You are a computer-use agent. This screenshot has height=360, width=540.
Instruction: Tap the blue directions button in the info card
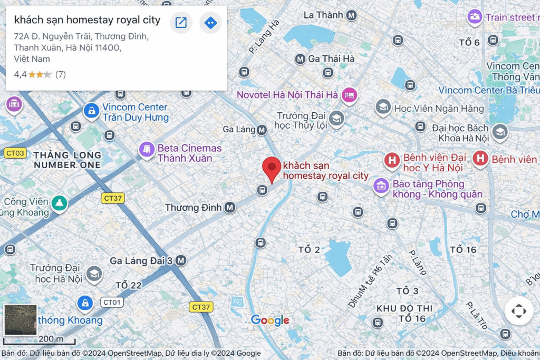click(210, 23)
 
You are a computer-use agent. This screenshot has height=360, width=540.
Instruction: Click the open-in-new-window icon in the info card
click(181, 23)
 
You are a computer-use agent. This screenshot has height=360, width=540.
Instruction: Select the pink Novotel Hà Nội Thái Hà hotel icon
click(349, 95)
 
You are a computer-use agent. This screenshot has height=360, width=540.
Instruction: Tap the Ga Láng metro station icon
click(262, 130)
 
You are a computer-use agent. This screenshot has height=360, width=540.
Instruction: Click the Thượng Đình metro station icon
click(229, 208)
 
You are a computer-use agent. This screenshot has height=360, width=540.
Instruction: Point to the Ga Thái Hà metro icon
click(300, 59)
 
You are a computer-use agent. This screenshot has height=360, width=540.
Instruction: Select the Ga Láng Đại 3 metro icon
click(181, 260)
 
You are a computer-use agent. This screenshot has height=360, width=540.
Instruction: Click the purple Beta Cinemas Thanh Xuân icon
click(146, 149)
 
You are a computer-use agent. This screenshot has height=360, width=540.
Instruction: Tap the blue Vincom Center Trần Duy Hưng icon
click(92, 111)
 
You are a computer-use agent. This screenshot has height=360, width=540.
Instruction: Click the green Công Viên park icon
click(60, 203)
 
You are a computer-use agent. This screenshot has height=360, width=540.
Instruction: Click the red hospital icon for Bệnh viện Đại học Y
click(392, 160)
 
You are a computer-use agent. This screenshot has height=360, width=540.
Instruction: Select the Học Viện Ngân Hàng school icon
click(383, 108)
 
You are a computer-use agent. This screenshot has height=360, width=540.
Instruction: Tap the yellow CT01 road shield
click(112, 303)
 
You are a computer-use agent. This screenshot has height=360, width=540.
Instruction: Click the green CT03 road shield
click(15, 153)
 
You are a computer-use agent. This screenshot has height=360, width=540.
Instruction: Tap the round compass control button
click(518, 311)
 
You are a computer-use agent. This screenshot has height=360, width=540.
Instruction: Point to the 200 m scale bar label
click(51, 338)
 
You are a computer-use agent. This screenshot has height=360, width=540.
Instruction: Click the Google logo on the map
click(270, 320)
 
